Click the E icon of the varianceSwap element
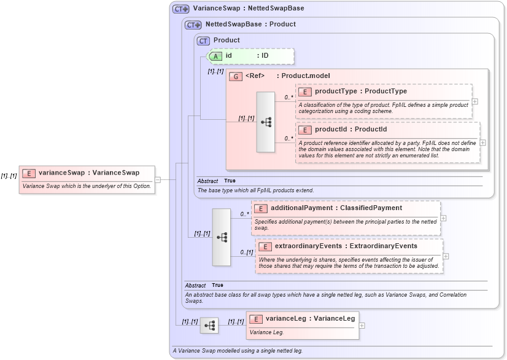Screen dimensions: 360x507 [x=29, y=173]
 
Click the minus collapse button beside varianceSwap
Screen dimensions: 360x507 [x=158, y=179]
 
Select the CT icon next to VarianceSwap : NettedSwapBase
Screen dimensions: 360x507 [x=180, y=9]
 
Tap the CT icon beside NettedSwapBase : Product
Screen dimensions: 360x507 [x=193, y=25]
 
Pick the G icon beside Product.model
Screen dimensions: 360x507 [x=236, y=76]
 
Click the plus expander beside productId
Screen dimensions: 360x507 [x=482, y=143]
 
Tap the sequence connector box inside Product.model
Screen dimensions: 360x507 [x=266, y=122]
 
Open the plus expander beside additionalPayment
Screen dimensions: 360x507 [x=443, y=217]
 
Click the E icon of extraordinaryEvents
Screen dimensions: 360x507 [x=265, y=246]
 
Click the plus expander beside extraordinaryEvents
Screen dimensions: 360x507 [x=446, y=256]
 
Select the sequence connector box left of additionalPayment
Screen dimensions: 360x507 [x=222, y=237]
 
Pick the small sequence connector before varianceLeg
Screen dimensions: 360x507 [x=209, y=326]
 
